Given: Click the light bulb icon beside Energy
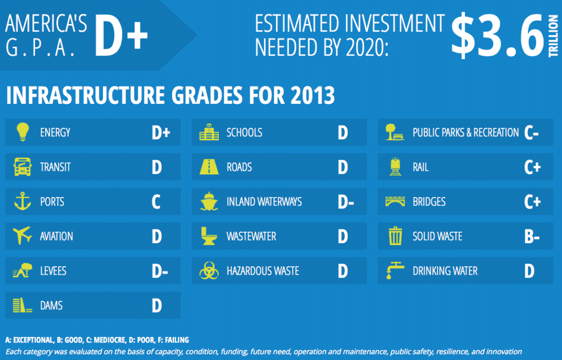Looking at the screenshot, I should [22, 132].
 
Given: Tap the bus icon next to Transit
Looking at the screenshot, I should [22, 167].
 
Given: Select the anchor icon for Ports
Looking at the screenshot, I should [22, 202].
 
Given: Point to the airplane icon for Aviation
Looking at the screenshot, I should [22, 236].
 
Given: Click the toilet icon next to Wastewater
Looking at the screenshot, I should [209, 236].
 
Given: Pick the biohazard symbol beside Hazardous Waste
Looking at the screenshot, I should [209, 271].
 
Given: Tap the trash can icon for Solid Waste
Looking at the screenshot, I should [395, 236].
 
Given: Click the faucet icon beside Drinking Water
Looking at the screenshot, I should [394, 270].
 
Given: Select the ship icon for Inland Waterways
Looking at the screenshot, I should [209, 202].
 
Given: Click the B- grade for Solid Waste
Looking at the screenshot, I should [531, 237].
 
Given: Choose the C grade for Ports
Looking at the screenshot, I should [156, 202].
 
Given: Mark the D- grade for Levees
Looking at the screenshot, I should [160, 271].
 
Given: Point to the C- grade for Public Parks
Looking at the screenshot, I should [531, 133].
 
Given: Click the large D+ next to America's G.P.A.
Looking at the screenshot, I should [121, 35].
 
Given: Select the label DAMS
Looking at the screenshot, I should [51, 305].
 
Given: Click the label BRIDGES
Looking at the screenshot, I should [429, 202].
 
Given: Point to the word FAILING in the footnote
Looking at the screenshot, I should [176, 340].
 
